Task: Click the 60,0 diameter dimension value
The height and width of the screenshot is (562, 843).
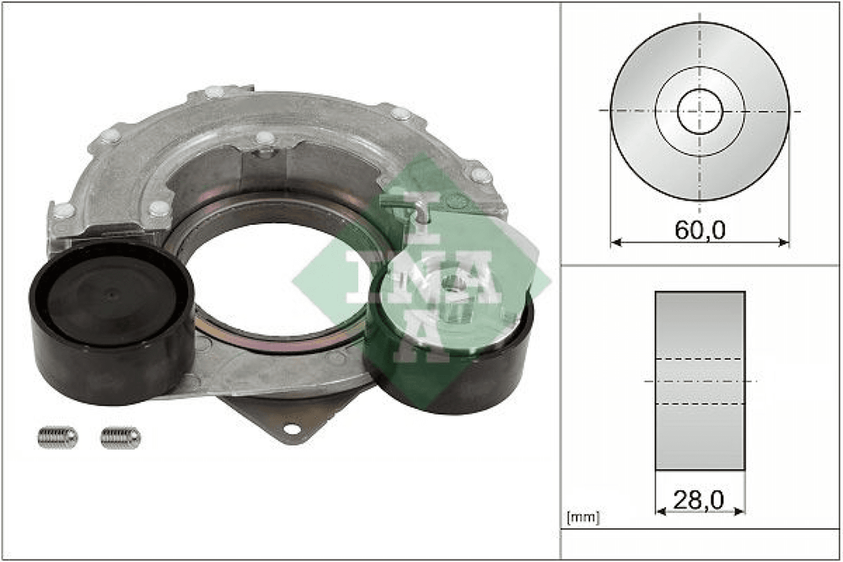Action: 700,230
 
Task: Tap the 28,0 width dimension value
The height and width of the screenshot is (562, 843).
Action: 698,500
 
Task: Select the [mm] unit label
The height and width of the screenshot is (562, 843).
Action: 583,517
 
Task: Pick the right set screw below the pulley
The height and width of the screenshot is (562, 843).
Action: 121,437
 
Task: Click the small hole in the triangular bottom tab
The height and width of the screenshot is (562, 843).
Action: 291,429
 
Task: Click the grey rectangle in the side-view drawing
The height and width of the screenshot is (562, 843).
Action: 700,381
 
